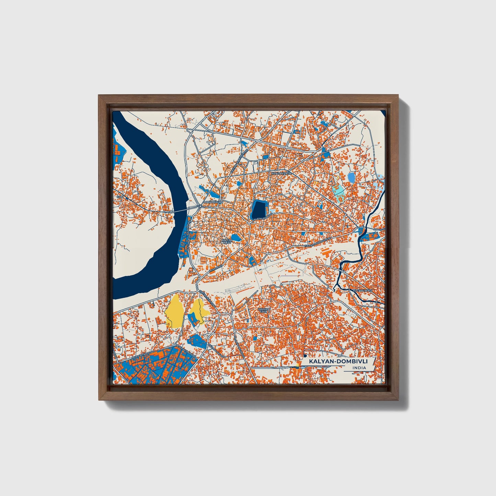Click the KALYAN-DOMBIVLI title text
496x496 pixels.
pyautogui.click(x=338, y=362)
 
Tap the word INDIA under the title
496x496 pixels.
pyautogui.click(x=359, y=368)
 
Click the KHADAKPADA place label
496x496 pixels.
pyautogui.click(x=281, y=174)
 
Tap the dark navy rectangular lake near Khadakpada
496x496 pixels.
pyautogui.click(x=259, y=210)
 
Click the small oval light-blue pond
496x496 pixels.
pyautogui.click(x=351, y=177)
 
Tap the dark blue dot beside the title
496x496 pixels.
pyautogui.click(x=305, y=357)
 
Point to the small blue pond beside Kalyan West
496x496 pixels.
pyautogui.click(x=235, y=237)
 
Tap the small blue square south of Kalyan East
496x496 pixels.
pyautogui.click(x=255, y=339)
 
